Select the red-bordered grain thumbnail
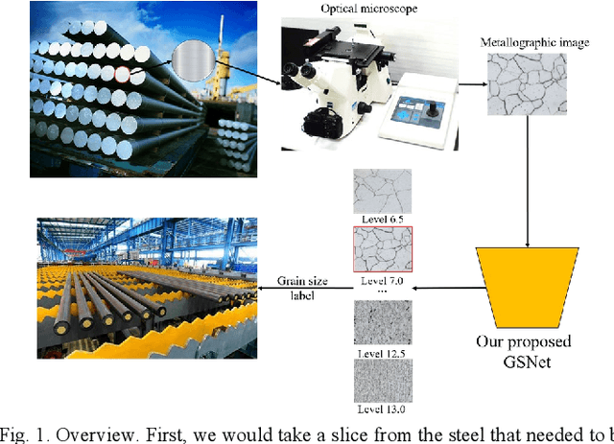pyautogui.click(x=380, y=251)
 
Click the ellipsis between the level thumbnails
pyautogui.click(x=380, y=292)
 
